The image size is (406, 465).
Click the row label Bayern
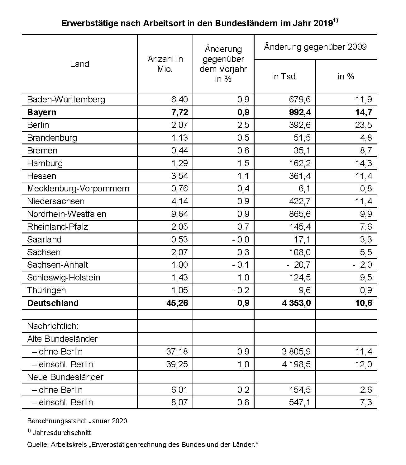[42, 112]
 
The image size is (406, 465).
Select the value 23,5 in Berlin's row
[364, 125]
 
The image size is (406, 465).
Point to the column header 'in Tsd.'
[284, 77]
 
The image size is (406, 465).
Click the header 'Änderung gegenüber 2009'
[315, 47]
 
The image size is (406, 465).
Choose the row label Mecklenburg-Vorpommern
[78, 189]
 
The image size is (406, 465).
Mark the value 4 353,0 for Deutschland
[297, 303]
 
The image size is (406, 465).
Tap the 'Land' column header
[79, 64]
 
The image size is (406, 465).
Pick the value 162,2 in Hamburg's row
[299, 163]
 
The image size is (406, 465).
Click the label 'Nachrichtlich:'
[53, 326]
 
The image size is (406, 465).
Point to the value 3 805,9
[297, 352]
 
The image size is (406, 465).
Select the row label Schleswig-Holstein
[64, 278]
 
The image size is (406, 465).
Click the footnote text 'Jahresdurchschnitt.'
[63, 433]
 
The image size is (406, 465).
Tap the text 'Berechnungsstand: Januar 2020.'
[78, 421]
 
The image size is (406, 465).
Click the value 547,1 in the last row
[299, 402]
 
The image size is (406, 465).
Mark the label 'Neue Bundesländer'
[65, 377]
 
